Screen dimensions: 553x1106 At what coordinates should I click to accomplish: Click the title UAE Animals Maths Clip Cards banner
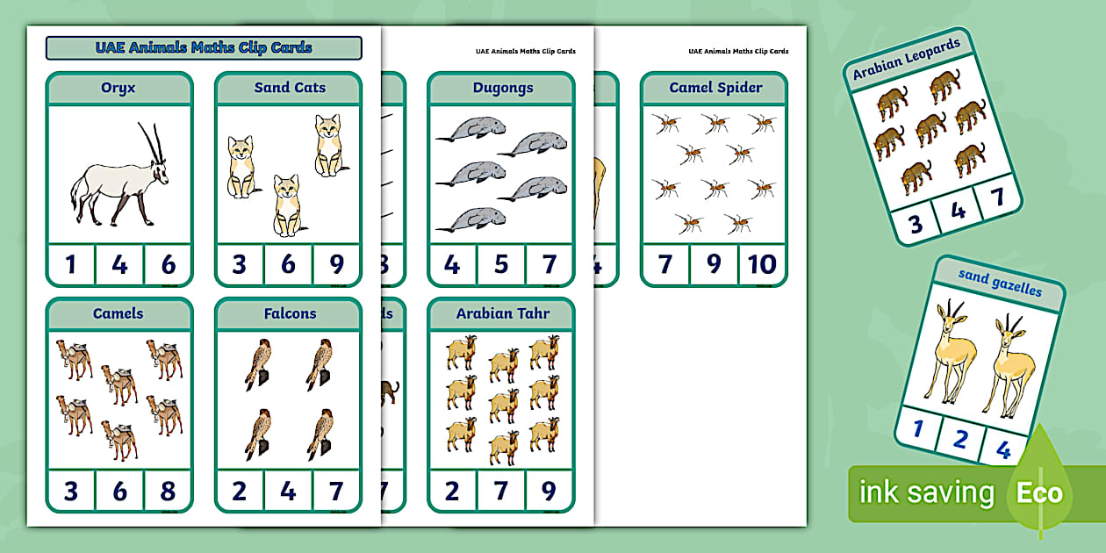click(x=204, y=47)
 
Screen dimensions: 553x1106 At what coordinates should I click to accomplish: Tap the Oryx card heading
click(x=118, y=88)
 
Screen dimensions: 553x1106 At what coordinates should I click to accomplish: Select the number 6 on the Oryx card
click(x=168, y=265)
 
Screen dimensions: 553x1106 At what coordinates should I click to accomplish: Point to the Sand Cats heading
click(x=290, y=88)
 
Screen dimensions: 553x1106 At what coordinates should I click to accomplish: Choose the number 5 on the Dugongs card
click(x=501, y=265)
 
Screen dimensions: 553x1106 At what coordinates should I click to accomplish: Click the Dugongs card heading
click(x=501, y=88)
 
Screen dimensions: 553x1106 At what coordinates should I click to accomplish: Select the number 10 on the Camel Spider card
click(x=762, y=265)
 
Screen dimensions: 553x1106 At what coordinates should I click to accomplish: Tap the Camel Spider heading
click(x=715, y=88)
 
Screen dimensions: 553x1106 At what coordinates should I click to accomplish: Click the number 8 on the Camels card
click(x=168, y=491)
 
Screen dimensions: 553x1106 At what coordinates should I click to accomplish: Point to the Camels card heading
click(x=118, y=313)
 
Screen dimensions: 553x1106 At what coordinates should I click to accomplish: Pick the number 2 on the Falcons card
click(x=240, y=491)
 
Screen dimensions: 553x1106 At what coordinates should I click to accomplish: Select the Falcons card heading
click(x=290, y=313)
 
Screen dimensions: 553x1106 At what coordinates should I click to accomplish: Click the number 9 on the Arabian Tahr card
click(x=549, y=491)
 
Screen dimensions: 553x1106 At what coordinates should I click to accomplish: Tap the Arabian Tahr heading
click(x=501, y=313)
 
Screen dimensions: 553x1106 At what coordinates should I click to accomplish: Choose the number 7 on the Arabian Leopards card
click(x=997, y=197)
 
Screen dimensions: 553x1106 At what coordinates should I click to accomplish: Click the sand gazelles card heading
click(x=1000, y=282)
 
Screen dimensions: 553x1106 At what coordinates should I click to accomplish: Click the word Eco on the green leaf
click(x=1039, y=492)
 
